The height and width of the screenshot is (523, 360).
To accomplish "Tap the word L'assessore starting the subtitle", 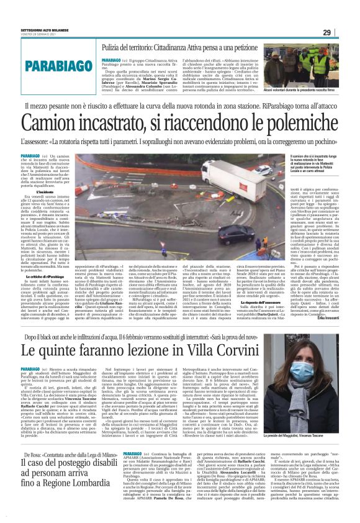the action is [38, 142].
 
